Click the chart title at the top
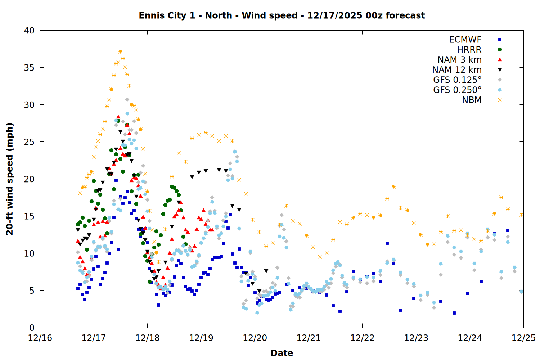[282, 15]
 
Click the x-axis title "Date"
[282, 353]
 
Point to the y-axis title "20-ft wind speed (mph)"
[10, 179]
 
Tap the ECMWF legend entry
[465, 40]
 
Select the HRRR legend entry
[469, 50]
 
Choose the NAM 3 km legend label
[459, 60]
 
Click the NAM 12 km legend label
[457, 70]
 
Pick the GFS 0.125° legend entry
[457, 80]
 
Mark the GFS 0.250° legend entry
[457, 90]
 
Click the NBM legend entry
[472, 100]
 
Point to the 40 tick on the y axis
[29, 31]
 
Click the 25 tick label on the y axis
[29, 142]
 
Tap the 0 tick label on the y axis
[32, 328]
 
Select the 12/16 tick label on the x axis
[40, 338]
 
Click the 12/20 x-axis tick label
[255, 338]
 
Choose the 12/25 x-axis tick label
[523, 338]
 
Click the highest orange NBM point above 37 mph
[120, 52]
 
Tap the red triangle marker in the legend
[500, 60]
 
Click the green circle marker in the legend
[500, 50]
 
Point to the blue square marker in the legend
[500, 40]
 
